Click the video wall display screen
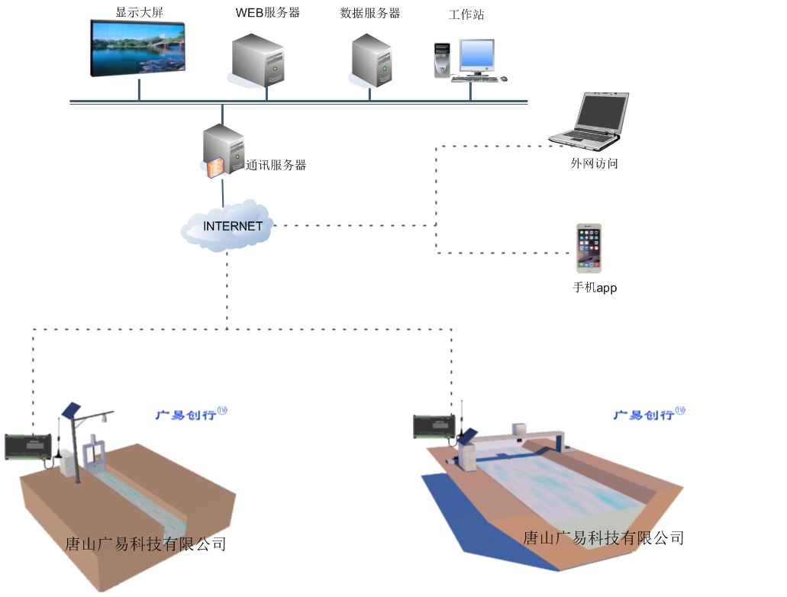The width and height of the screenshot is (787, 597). click(x=138, y=48)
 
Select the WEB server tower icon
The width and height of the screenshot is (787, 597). click(x=258, y=60)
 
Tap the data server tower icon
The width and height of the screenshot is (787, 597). click(x=372, y=61)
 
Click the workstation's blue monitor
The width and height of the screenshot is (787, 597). click(x=476, y=55)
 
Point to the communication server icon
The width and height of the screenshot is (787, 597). click(x=222, y=152)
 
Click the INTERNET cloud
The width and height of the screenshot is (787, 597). click(x=228, y=226)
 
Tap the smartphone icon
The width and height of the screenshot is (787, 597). click(x=589, y=248)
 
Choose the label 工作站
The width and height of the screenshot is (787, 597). click(x=466, y=15)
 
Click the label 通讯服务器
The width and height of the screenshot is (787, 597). click(x=276, y=165)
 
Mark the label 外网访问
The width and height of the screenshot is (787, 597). click(x=594, y=163)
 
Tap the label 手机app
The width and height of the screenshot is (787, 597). click(x=594, y=288)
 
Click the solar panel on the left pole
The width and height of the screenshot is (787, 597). click(x=73, y=409)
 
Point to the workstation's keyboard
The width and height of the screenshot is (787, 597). click(x=474, y=78)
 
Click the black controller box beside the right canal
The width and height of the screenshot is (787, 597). click(x=434, y=427)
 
